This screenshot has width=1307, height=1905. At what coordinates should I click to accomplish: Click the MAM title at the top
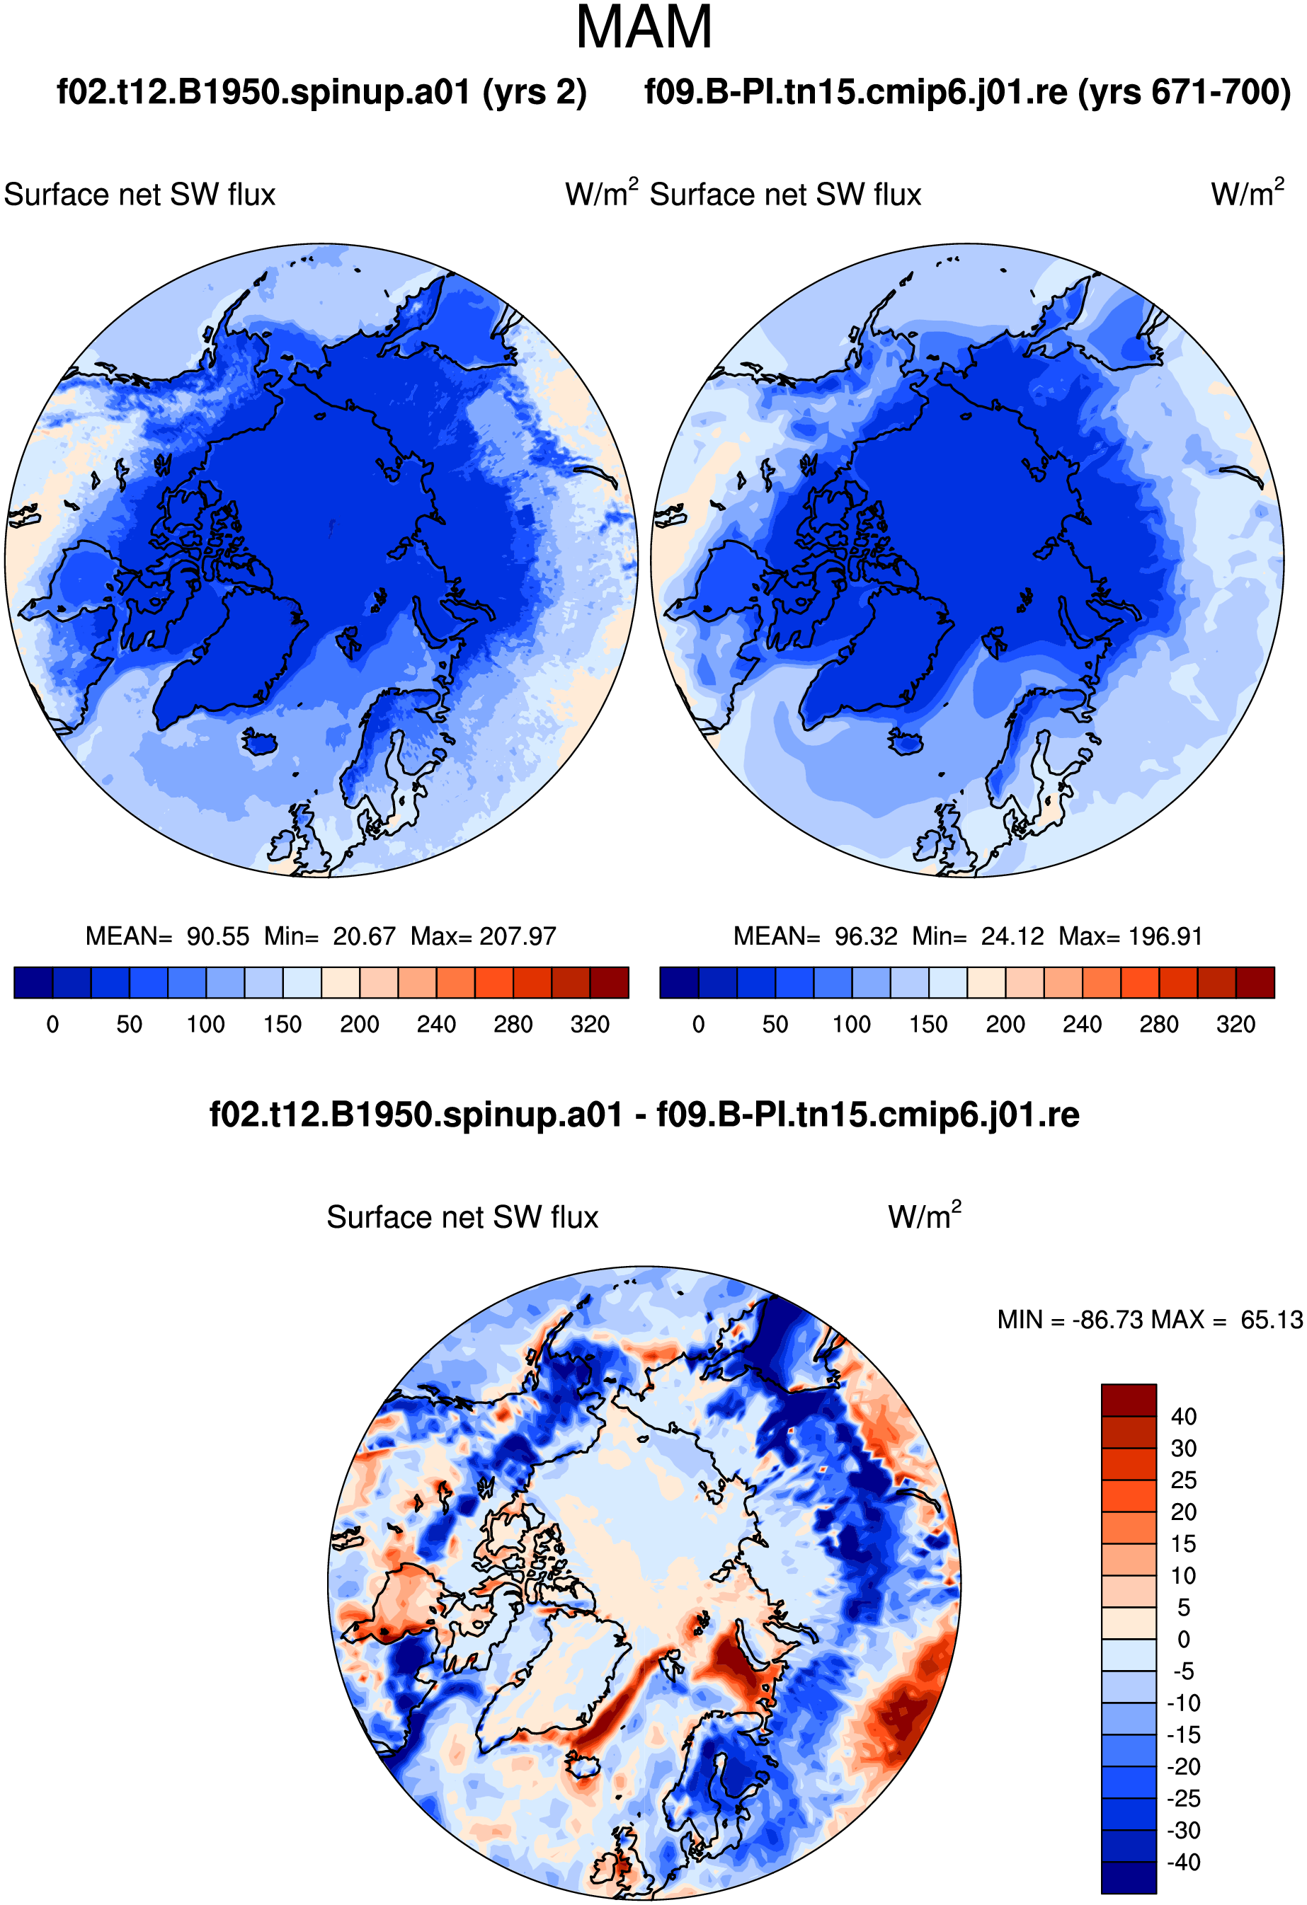(x=644, y=28)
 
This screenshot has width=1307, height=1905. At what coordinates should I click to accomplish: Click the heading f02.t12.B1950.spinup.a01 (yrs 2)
(x=321, y=92)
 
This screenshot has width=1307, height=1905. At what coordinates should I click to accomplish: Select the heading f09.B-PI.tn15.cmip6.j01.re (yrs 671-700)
(x=968, y=92)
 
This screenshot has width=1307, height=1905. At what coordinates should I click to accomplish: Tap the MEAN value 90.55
(x=218, y=936)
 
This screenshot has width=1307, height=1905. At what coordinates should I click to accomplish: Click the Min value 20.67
(x=364, y=936)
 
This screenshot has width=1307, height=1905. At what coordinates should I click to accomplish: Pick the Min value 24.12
(x=1012, y=936)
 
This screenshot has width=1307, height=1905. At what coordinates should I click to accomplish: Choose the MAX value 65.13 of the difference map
(x=1271, y=1320)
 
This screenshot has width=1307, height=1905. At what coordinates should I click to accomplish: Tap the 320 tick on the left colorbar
(x=590, y=1025)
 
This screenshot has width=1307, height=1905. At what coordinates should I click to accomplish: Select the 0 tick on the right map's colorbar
(x=699, y=1025)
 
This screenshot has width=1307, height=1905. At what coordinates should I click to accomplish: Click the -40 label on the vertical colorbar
(x=1184, y=1863)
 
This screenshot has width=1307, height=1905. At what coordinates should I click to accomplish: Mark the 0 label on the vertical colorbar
(x=1184, y=1640)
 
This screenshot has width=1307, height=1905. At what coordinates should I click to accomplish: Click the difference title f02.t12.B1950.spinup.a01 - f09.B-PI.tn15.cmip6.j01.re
(x=644, y=1115)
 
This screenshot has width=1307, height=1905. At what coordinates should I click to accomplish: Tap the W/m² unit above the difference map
(x=925, y=1215)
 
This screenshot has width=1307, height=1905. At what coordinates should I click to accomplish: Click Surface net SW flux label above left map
(x=139, y=195)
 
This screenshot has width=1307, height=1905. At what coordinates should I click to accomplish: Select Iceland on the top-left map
(x=261, y=742)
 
